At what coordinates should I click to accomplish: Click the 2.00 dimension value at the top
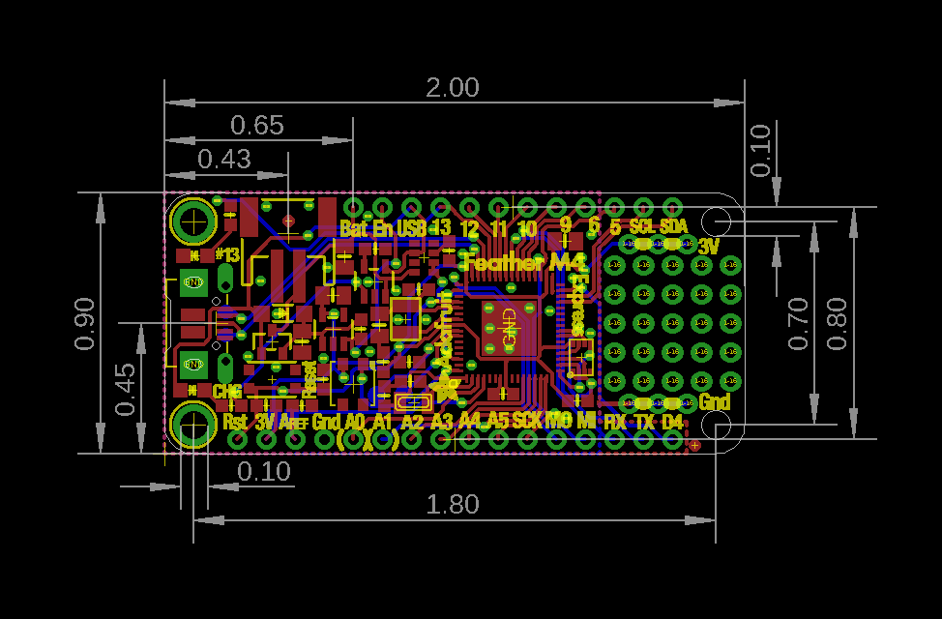(453, 88)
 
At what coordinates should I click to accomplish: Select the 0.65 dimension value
(257, 126)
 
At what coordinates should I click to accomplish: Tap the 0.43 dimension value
(224, 159)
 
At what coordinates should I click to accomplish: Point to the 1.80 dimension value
(453, 505)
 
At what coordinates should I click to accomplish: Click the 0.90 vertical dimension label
(85, 323)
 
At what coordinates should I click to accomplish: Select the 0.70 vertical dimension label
(798, 323)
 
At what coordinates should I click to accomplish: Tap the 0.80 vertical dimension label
(838, 323)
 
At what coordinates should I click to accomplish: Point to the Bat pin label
(354, 229)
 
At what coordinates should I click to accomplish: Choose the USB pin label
(411, 229)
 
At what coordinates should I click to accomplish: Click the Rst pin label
(235, 422)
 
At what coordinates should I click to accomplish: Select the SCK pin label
(527, 421)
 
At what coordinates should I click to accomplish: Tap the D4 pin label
(672, 422)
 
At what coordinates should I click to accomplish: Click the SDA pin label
(673, 225)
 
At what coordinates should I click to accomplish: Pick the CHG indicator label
(226, 392)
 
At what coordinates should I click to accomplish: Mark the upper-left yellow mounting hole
(193, 222)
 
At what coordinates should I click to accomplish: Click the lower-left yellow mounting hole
(193, 425)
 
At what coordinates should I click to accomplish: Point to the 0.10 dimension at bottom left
(264, 472)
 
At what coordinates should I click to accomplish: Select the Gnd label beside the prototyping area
(715, 401)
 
